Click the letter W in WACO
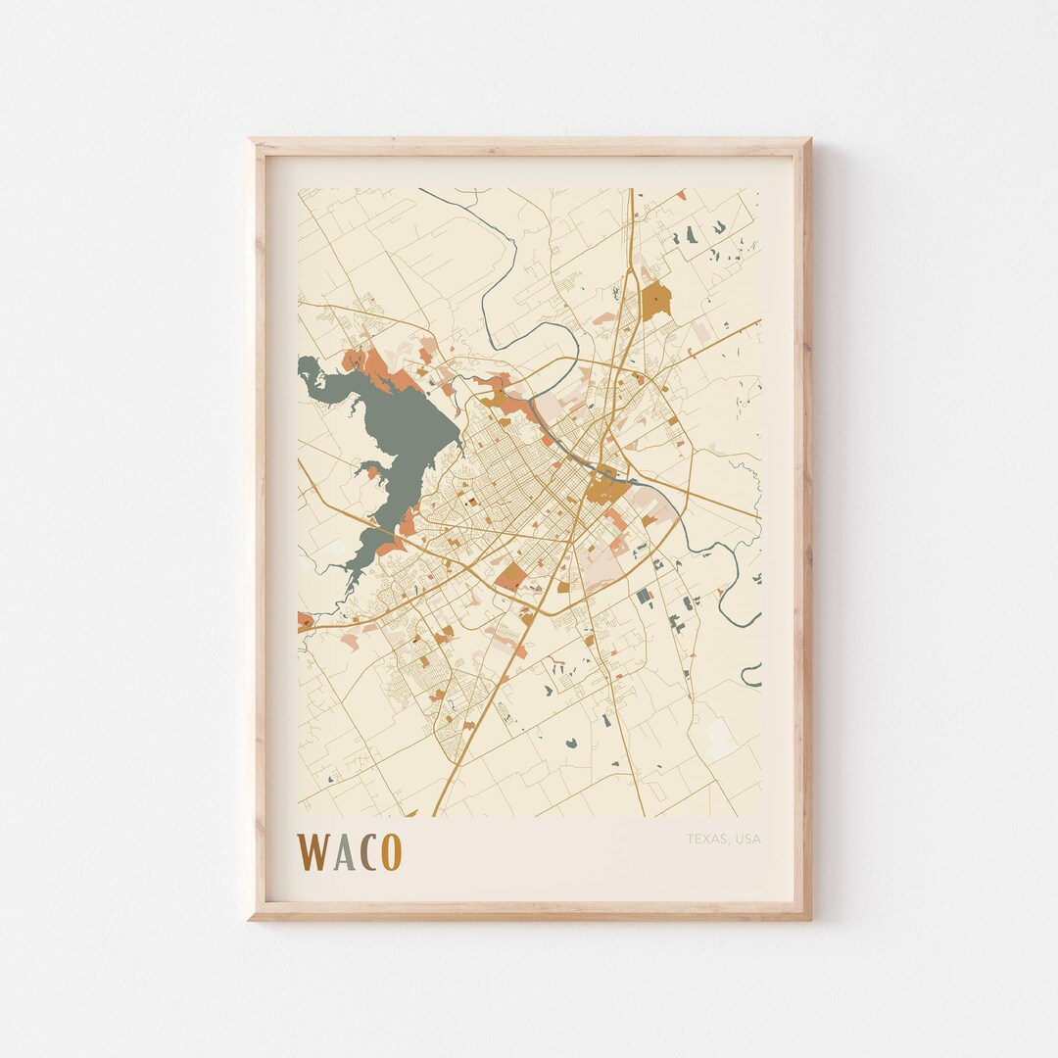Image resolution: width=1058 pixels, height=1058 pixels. coord(315,851)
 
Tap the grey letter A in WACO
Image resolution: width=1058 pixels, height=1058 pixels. coord(343,852)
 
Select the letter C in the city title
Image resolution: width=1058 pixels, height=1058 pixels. coord(369,852)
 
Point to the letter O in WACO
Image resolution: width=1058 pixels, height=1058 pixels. coord(391,852)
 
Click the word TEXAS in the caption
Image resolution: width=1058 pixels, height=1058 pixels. coord(706,839)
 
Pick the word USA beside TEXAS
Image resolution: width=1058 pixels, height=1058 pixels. coord(746,839)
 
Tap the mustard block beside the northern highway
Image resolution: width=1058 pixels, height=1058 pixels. coord(656,300)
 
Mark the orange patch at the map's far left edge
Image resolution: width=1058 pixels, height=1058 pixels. coord(304,620)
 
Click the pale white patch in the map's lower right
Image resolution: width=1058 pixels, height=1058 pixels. coord(721,737)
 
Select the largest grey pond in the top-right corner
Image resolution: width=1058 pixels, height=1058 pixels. coord(692,234)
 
